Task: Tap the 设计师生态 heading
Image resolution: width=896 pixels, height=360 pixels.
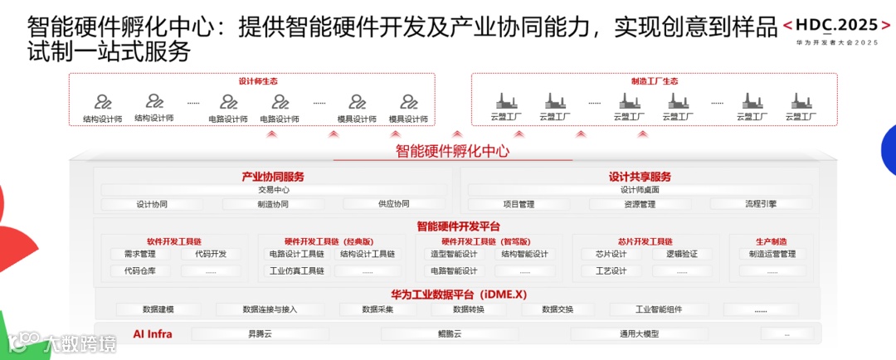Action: pos(258,81)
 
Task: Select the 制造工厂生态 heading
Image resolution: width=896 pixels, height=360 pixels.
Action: pos(655,81)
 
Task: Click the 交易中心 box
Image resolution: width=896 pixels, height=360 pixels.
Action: pos(274,190)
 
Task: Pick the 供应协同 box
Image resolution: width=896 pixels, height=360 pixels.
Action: pos(393,204)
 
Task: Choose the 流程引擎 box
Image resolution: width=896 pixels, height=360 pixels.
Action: pos(760,204)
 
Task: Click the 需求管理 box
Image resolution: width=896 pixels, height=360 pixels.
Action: pos(139,254)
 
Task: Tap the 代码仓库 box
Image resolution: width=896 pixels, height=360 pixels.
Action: pos(139,270)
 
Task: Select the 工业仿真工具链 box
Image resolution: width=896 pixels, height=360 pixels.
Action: pos(296,270)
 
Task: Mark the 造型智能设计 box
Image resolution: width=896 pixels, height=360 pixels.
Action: pos(454,254)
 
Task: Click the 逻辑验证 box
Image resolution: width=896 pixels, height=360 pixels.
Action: pos(681,254)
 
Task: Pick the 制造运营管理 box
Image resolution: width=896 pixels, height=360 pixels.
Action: pos(772,254)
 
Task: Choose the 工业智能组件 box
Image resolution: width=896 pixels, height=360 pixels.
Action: pos(659,309)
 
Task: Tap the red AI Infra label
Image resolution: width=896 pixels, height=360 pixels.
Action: pos(153,334)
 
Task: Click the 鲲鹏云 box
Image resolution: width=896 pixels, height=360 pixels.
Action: pos(449,334)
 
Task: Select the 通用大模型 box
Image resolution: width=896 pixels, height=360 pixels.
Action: pos(639,334)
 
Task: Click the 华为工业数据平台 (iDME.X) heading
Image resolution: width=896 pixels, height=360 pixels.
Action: pos(459,294)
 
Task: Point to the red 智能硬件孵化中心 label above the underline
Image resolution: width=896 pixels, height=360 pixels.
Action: pos(452,151)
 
